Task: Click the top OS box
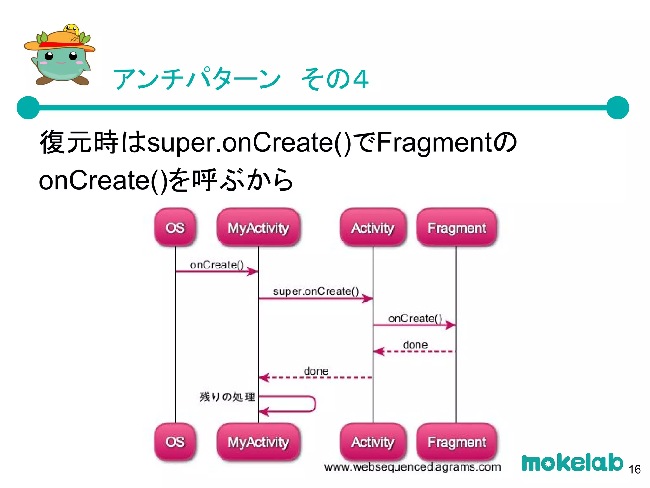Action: (x=175, y=227)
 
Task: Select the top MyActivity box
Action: (x=258, y=227)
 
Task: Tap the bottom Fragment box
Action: (x=457, y=442)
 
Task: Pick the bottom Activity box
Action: (x=373, y=442)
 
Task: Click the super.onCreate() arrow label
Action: (x=316, y=291)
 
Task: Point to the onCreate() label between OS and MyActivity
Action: (x=217, y=265)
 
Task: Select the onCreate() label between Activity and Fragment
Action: (x=415, y=318)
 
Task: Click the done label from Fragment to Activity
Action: (x=415, y=344)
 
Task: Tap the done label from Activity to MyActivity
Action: (x=316, y=371)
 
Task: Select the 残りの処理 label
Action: (x=227, y=397)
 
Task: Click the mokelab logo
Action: (x=572, y=463)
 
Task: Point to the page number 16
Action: (x=635, y=469)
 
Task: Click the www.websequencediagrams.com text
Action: (x=412, y=467)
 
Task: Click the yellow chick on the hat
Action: (x=72, y=30)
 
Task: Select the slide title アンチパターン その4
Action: (x=241, y=79)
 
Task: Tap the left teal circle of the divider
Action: (x=28, y=108)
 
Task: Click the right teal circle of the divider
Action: (x=617, y=108)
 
